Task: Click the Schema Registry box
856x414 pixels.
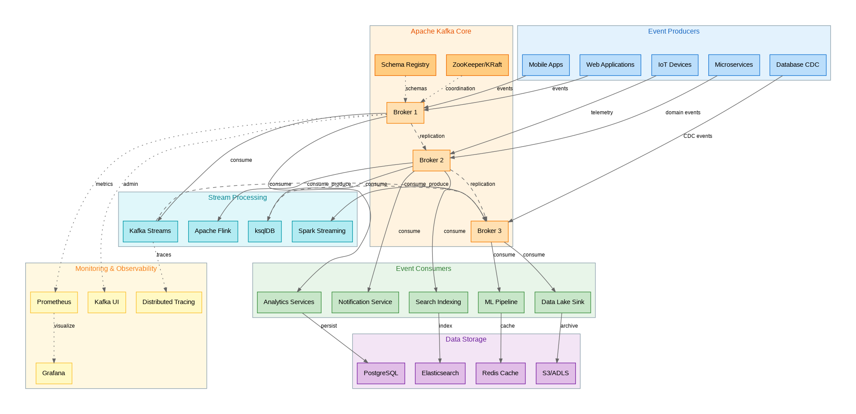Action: pos(405,65)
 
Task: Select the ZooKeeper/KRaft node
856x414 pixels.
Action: pos(477,65)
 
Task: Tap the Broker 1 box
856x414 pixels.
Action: pos(405,113)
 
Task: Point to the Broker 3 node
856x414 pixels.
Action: pos(489,231)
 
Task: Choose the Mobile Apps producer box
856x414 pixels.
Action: pos(545,65)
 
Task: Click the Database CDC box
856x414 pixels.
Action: pos(797,65)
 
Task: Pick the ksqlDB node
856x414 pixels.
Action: pos(265,231)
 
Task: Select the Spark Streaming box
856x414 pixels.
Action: pos(322,231)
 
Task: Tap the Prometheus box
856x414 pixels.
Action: pos(54,302)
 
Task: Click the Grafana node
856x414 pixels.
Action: pos(54,373)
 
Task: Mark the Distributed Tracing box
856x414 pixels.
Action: pos(169,302)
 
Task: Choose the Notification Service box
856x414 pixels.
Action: pos(365,302)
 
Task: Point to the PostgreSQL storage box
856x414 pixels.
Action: pos(381,373)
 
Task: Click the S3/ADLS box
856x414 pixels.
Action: pos(555,373)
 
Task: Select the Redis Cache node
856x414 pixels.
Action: pos(500,373)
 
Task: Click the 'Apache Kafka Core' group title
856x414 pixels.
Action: pos(441,31)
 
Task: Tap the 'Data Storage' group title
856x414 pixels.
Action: pos(466,339)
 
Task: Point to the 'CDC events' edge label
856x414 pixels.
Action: pos(697,136)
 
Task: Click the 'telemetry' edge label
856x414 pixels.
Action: pos(602,113)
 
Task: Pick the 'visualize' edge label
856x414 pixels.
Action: pos(64,326)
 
